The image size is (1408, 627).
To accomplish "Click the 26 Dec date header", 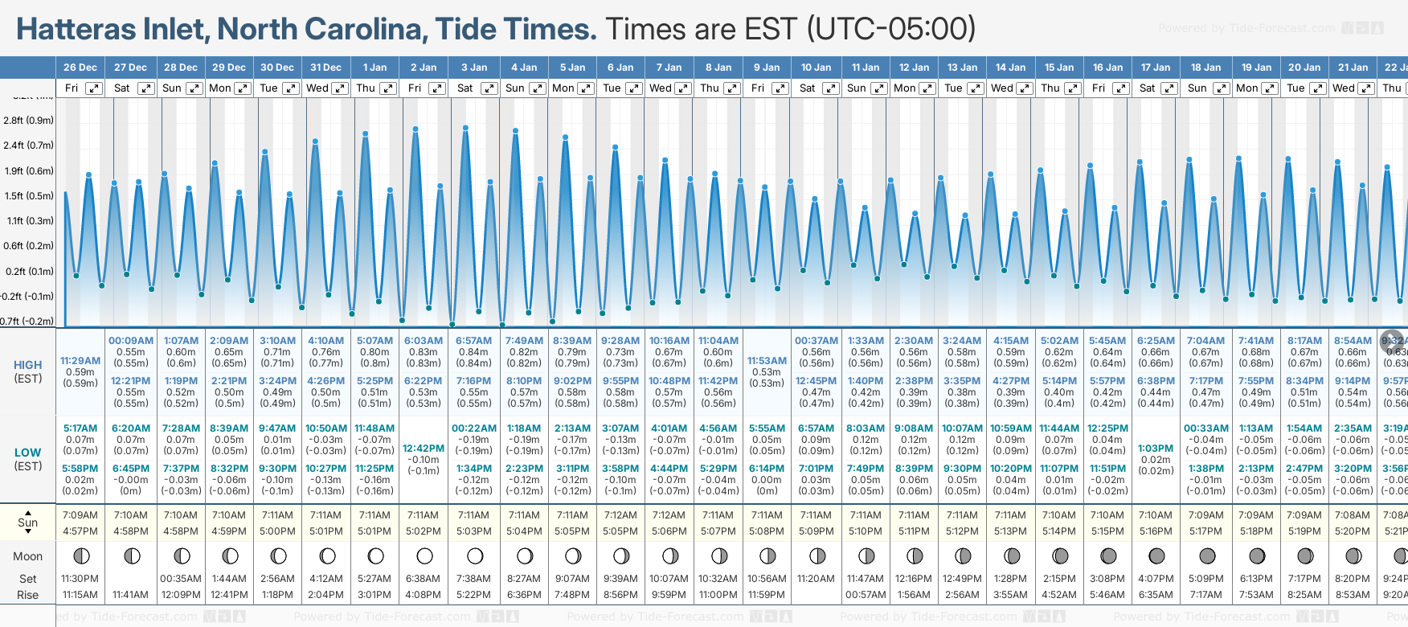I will coord(80,68).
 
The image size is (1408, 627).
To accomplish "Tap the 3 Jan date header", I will coord(473,68).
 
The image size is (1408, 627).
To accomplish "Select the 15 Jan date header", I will coord(1059,68).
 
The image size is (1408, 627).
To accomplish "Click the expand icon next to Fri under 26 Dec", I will coord(94,88).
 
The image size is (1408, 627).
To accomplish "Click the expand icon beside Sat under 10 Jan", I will coord(831,88).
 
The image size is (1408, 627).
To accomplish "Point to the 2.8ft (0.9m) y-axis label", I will coord(29,121).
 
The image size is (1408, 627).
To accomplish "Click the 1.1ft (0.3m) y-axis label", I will coord(29,221).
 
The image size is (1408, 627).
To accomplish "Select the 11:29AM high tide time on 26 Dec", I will coord(80,361).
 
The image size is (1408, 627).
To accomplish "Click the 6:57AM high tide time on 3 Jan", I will coord(473,341).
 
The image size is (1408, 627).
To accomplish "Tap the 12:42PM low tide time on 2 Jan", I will coord(424,449).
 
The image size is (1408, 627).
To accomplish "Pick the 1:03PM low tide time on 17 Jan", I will coord(1156,449).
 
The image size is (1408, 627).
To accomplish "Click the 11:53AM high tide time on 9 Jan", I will coord(767,361).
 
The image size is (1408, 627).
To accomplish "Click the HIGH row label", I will coord(28,365).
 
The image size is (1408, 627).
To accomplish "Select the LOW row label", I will coord(28,453).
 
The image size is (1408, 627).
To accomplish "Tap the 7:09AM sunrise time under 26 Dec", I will coord(80,515).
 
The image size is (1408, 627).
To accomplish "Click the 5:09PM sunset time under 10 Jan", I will coord(816,531).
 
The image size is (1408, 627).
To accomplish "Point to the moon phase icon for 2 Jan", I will coord(424,556).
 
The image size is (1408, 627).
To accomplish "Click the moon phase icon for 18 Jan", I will coord(1207,556).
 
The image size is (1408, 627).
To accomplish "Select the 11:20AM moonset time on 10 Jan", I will coord(816,579).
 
